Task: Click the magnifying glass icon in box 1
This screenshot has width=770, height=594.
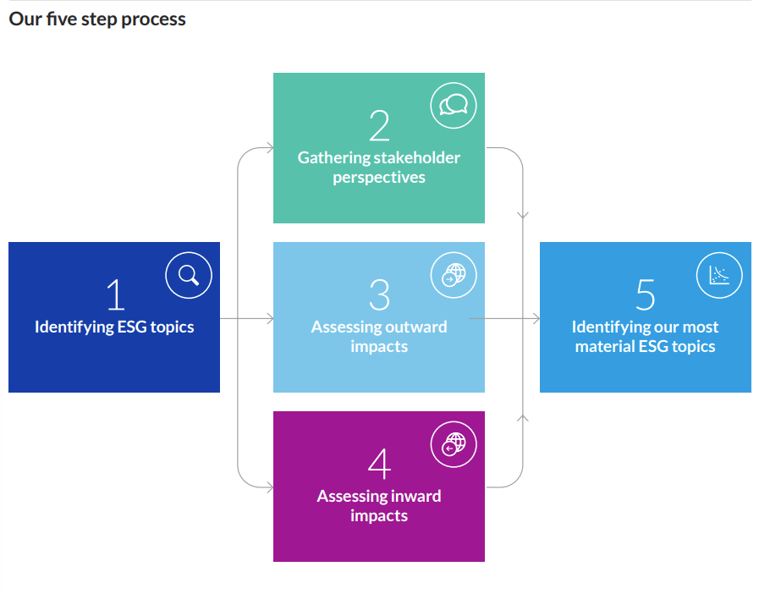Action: coord(189,275)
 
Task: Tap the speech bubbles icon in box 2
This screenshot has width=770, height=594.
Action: coord(454,106)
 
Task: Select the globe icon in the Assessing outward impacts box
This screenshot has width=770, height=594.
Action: coord(454,275)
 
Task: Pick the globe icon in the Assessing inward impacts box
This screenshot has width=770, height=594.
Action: coord(454,444)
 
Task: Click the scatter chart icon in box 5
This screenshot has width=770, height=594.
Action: coord(719,275)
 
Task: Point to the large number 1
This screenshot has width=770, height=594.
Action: coord(117,294)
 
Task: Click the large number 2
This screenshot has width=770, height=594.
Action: coord(379,126)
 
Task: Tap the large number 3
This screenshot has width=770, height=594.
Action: coord(380,294)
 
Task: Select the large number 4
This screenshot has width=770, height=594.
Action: coord(380,464)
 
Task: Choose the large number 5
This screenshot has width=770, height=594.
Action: coord(646,294)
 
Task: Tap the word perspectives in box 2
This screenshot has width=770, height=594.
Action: coord(379,178)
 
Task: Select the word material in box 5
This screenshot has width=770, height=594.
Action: coord(605,347)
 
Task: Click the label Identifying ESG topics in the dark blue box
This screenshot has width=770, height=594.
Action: coord(114,327)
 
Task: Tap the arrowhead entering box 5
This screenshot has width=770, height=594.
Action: coord(536,319)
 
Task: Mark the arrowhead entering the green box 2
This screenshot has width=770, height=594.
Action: coord(270,147)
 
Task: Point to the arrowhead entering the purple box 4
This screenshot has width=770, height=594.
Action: coord(270,487)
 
